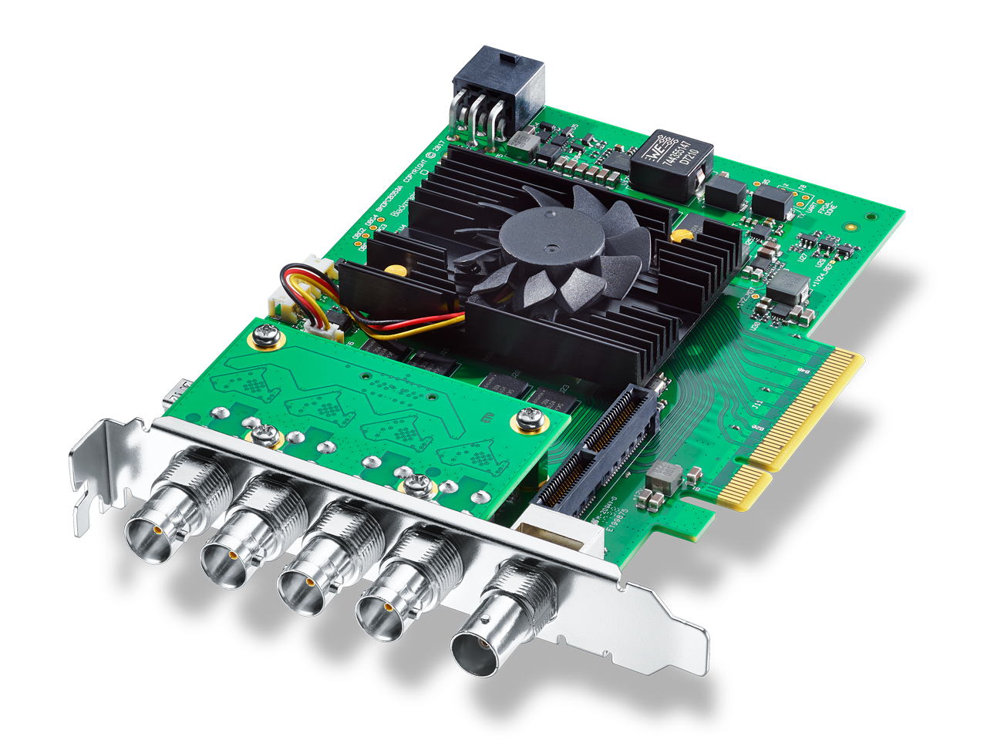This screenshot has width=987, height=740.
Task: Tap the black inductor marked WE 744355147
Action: click(x=669, y=163)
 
